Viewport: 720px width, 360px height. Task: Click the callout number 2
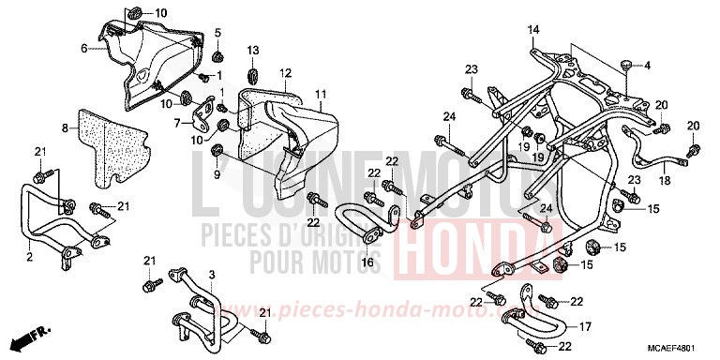click(29, 255)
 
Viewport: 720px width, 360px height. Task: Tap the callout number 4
click(645, 65)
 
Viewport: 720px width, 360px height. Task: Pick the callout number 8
click(66, 127)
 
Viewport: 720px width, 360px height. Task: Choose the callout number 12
click(285, 72)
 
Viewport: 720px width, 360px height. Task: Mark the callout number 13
click(253, 50)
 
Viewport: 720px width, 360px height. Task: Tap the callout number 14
click(532, 32)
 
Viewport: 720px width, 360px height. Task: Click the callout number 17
click(585, 326)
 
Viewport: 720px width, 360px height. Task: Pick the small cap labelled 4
click(622, 65)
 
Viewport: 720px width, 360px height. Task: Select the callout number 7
click(176, 124)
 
